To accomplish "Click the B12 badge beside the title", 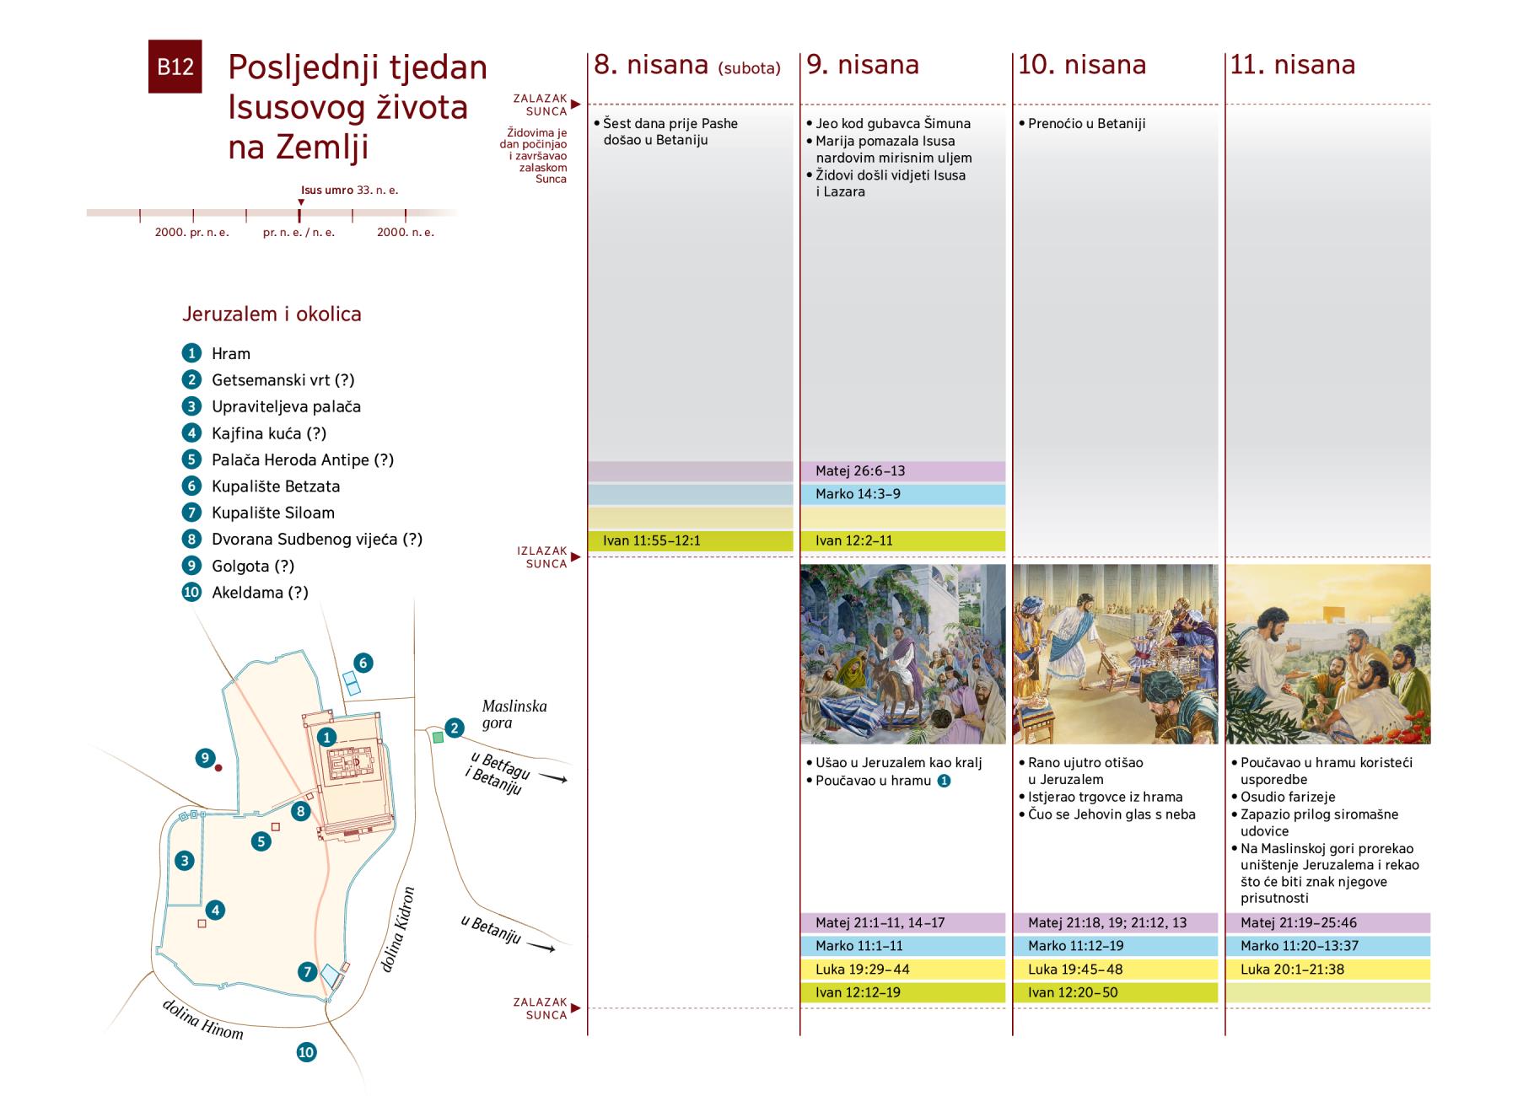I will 175,67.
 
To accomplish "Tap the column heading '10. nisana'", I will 1082,65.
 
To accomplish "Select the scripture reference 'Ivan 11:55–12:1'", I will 652,540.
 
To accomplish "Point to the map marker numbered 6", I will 363,663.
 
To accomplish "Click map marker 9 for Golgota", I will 205,758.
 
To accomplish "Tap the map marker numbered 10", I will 306,1052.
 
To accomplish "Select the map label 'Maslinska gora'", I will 514,714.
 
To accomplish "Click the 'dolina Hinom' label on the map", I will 202,1019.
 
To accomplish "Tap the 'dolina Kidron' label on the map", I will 398,929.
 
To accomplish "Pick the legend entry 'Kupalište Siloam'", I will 272,513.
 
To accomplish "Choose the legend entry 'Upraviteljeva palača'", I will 286,406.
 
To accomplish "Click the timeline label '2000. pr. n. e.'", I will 191,232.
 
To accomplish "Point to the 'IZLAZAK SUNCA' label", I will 542,557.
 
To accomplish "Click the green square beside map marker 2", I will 437,738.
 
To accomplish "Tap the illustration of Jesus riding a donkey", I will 902,654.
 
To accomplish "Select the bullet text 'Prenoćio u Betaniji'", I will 1086,123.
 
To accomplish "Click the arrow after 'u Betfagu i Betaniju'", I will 553,778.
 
